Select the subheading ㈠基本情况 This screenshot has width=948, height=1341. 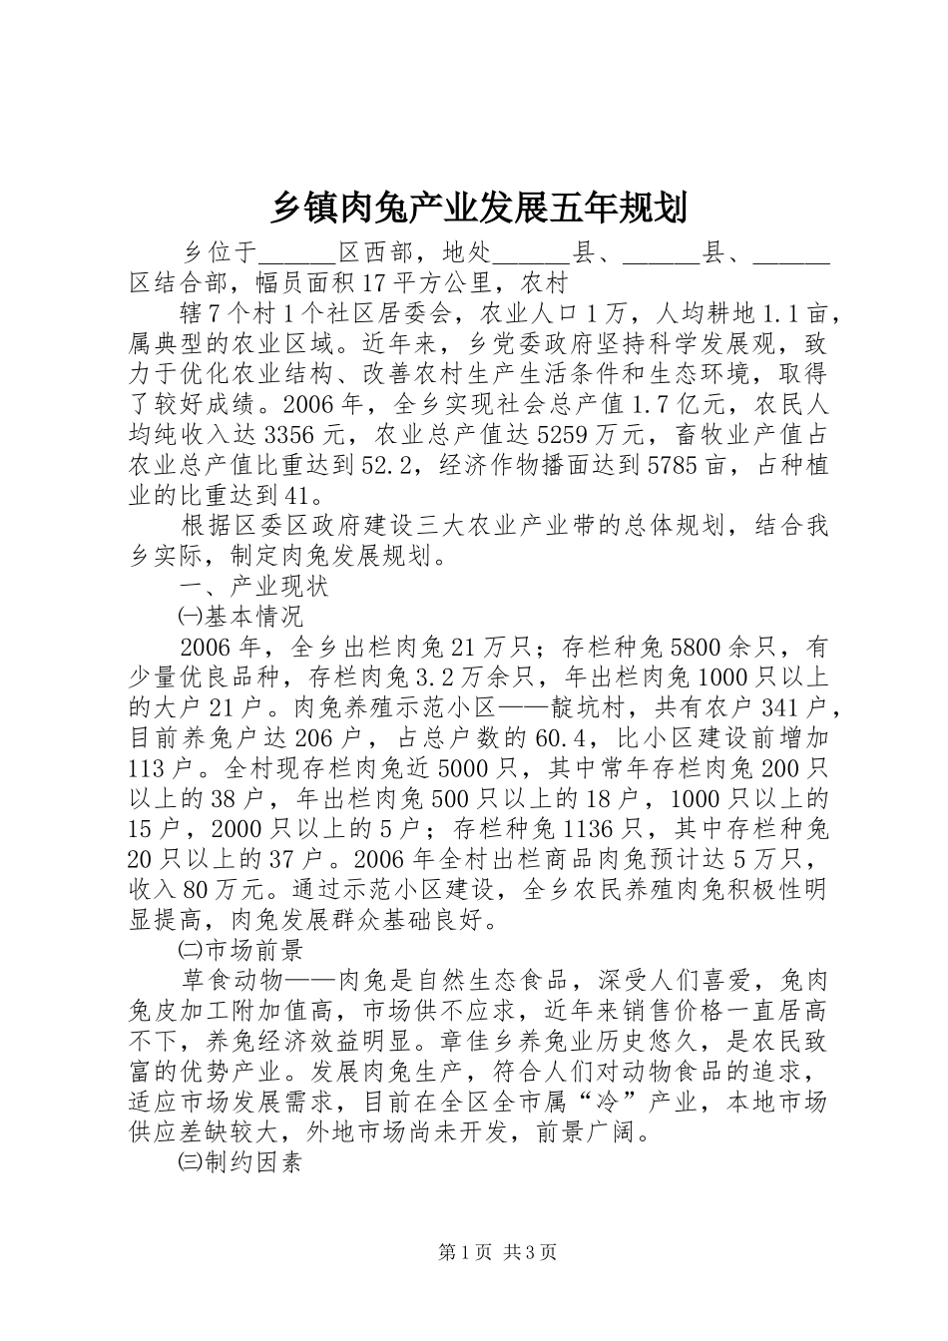click(x=239, y=616)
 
